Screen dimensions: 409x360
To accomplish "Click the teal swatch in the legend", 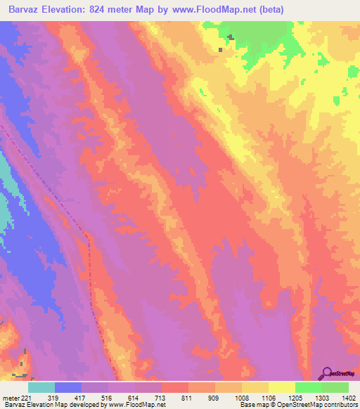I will (x=41, y=387).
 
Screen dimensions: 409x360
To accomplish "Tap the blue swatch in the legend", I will (x=68, y=387).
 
